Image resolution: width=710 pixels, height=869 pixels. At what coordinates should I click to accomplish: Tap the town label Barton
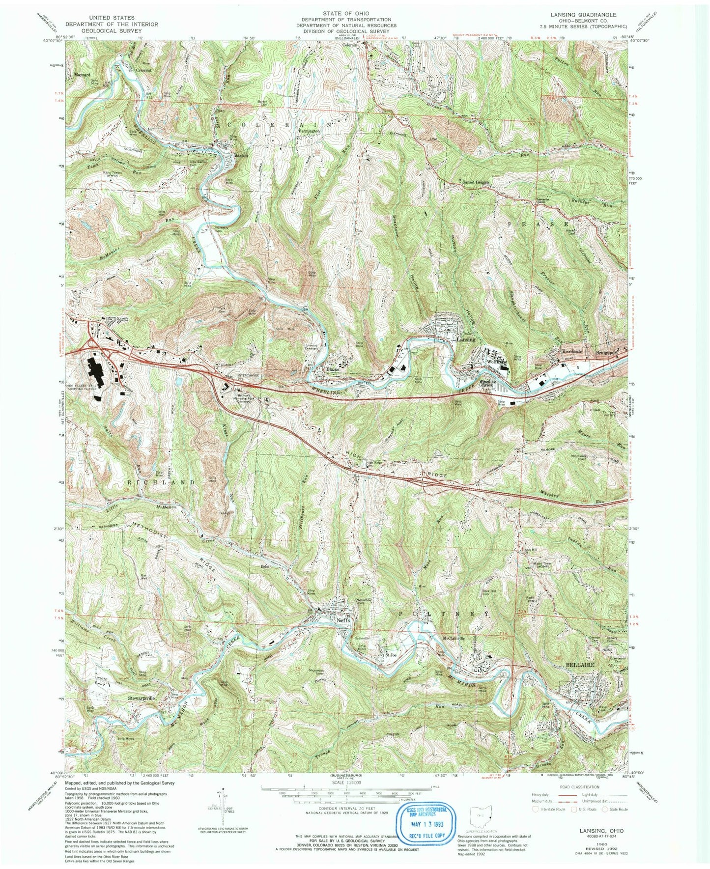[x=240, y=155]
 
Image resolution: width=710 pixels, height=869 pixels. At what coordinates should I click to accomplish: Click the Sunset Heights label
[x=476, y=182]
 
